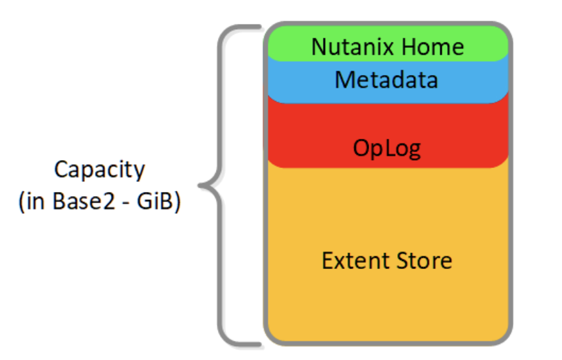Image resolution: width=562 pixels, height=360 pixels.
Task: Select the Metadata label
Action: click(386, 80)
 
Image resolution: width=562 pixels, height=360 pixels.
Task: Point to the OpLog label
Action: click(387, 148)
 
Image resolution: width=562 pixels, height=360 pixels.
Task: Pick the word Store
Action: click(424, 260)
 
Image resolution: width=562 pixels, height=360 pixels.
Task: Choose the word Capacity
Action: click(100, 170)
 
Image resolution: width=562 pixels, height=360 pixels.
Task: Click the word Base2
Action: click(84, 201)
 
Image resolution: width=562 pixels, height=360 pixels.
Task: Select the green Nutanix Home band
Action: click(388, 43)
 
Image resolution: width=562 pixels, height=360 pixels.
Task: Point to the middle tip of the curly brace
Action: click(199, 185)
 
